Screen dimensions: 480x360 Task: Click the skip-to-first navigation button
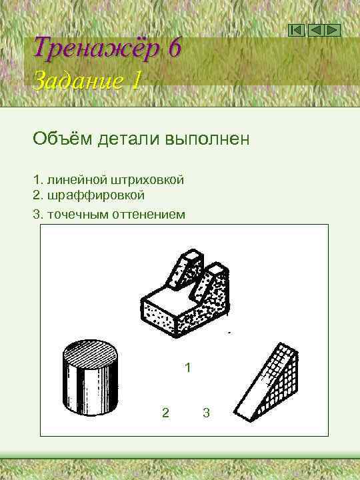click(x=298, y=30)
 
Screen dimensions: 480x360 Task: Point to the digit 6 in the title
click(x=175, y=48)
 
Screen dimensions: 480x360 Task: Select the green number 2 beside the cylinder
click(x=165, y=413)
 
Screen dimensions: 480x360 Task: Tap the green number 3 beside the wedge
click(x=206, y=413)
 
